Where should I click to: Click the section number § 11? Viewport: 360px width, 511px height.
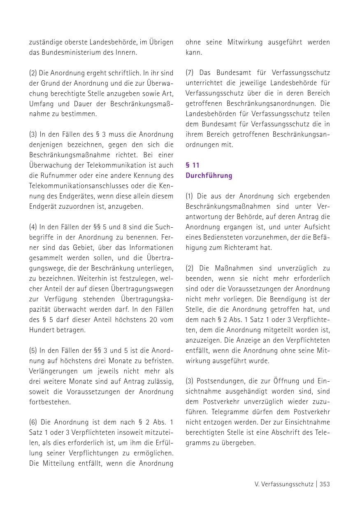193,165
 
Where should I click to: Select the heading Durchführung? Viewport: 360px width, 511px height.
209,175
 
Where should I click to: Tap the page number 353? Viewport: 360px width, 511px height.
325,484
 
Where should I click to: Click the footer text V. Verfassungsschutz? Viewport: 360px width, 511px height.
283,484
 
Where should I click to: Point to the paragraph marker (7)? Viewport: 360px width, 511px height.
190,73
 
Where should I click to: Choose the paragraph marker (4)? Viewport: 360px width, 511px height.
33,227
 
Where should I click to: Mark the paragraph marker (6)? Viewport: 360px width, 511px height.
33,422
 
